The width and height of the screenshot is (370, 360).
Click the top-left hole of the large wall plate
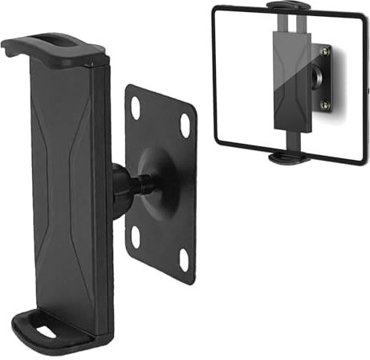point(136,105)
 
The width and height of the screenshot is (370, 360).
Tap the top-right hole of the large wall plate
point(185,125)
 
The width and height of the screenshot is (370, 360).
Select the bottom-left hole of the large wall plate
point(136,237)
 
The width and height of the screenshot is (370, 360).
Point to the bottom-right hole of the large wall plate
point(183,259)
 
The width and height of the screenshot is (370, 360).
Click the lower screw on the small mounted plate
point(324,105)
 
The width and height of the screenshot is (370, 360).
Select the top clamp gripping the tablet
point(288,7)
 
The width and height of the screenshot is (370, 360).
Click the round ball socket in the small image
point(315,78)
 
